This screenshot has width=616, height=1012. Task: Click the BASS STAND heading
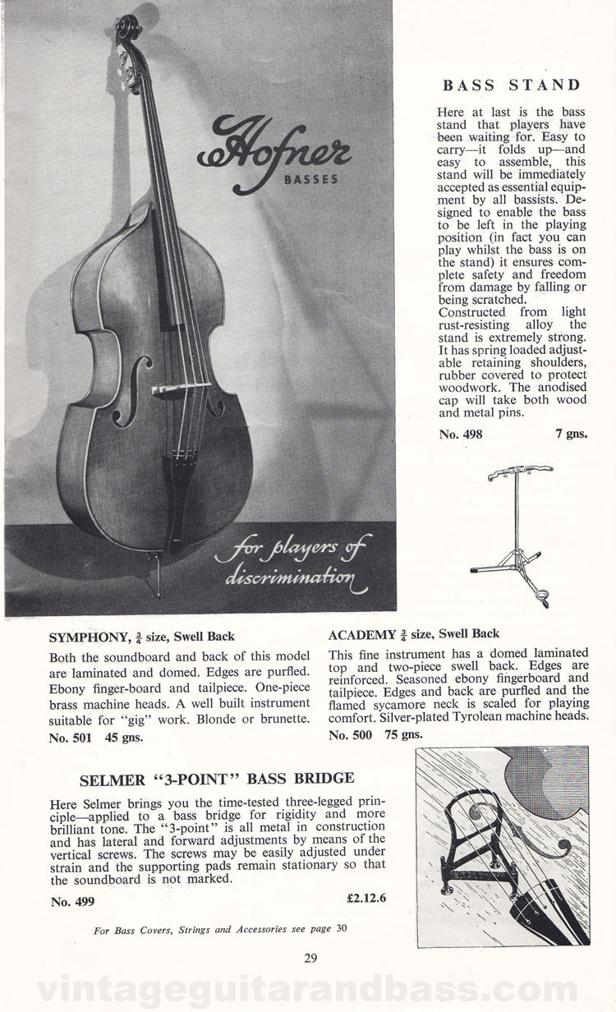pyautogui.click(x=512, y=85)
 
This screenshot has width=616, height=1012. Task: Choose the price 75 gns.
pyautogui.click(x=400, y=734)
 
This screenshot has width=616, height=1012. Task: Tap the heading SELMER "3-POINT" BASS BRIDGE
pyautogui.click(x=217, y=777)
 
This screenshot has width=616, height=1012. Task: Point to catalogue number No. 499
pyautogui.click(x=72, y=900)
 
